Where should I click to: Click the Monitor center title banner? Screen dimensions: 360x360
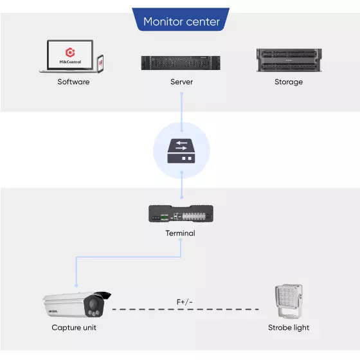click(x=181, y=19)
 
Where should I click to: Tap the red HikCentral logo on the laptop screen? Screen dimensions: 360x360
click(x=70, y=52)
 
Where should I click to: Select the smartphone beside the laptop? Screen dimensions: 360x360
click(x=100, y=64)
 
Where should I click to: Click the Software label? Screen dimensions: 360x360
click(x=73, y=82)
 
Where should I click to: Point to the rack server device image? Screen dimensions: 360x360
click(x=181, y=63)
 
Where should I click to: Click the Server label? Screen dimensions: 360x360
click(x=181, y=82)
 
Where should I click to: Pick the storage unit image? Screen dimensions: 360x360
click(x=289, y=60)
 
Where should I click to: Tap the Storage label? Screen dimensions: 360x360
click(x=289, y=82)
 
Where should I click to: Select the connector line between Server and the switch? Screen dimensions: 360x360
click(x=181, y=112)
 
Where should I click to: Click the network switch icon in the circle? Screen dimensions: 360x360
click(x=181, y=151)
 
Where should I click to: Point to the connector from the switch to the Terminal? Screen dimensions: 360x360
click(x=181, y=184)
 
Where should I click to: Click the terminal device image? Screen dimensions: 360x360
click(x=181, y=213)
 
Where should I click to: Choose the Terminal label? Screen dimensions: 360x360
click(x=181, y=233)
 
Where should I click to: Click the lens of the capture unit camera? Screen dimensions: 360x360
click(x=93, y=303)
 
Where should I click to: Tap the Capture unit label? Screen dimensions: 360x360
click(x=74, y=327)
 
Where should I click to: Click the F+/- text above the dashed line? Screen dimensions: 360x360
click(x=184, y=302)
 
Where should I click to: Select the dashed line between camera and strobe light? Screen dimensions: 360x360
click(x=186, y=309)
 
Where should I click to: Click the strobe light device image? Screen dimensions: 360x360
click(x=289, y=301)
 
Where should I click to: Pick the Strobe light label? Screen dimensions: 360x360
click(x=289, y=328)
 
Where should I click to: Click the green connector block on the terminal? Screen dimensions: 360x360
click(x=165, y=217)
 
